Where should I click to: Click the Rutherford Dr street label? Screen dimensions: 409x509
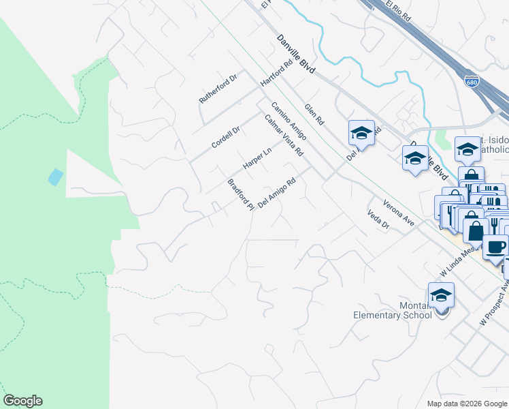[x=217, y=89]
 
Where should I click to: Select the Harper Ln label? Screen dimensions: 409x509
[x=257, y=160]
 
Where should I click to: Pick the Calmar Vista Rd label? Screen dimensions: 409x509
[x=283, y=134]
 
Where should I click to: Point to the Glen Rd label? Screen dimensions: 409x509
[x=314, y=115]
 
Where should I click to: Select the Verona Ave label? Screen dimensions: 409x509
[x=399, y=213]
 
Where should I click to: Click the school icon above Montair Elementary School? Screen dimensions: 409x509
[x=441, y=295]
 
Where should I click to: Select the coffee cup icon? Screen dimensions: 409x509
[x=496, y=247]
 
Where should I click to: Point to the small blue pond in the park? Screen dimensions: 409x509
[x=55, y=177]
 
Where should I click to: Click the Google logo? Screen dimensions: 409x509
[x=22, y=401]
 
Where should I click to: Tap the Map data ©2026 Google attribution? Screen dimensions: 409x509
[x=466, y=404]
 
